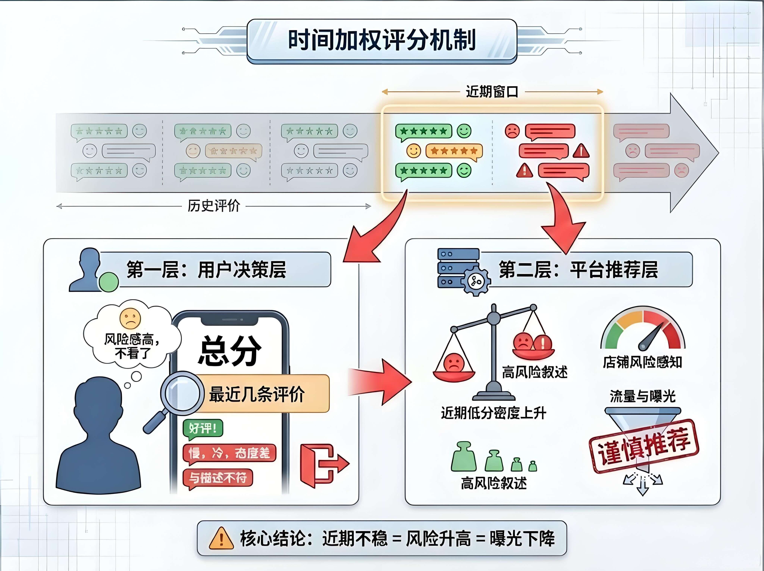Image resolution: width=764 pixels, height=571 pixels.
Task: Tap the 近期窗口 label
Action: (492, 92)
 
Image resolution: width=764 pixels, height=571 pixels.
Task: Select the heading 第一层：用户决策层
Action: (206, 269)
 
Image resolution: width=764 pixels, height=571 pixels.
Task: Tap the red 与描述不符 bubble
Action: (218, 478)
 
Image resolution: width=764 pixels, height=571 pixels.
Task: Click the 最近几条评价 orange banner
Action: (257, 394)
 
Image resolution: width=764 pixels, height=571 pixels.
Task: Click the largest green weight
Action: (464, 457)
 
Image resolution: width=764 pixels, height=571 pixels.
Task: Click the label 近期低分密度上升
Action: (494, 413)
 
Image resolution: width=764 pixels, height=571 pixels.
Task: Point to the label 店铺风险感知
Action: (642, 362)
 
